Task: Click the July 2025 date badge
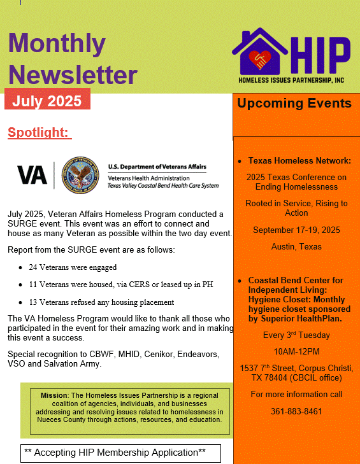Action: coord(47,101)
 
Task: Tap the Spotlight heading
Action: coord(38,132)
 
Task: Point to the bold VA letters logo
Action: coord(32,174)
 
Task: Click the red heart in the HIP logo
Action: coord(261,60)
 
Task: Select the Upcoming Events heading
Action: coord(294,103)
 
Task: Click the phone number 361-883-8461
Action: coord(296,411)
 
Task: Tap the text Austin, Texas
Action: coord(296,246)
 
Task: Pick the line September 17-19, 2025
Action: coord(296,230)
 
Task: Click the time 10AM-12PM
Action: coord(296,351)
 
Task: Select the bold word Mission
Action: coord(54,395)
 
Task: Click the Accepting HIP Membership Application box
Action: coord(120,453)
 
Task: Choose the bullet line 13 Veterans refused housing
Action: coord(101,302)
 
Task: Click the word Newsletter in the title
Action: coord(73,74)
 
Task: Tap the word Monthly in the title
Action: coord(57,43)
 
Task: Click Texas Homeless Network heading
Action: coord(299,161)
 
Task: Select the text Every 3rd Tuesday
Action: coord(296,335)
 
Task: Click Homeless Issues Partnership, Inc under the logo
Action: coord(291,80)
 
